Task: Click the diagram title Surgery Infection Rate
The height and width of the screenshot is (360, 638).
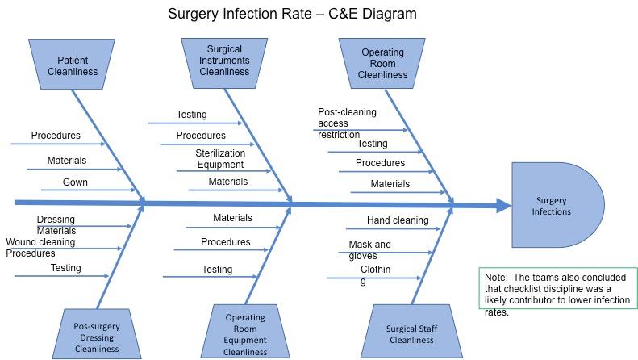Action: pyautogui.click(x=292, y=14)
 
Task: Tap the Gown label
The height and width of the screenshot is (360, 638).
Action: pyautogui.click(x=75, y=182)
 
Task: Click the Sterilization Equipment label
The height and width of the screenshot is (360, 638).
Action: pyautogui.click(x=219, y=159)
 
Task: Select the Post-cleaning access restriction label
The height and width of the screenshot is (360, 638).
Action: pyautogui.click(x=346, y=123)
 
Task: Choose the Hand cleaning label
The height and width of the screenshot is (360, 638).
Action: pyautogui.click(x=398, y=220)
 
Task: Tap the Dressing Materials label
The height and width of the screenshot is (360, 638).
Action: pyautogui.click(x=56, y=224)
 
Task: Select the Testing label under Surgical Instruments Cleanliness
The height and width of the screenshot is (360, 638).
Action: pyautogui.click(x=191, y=115)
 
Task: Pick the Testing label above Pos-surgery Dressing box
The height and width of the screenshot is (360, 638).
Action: pyautogui.click(x=65, y=268)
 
